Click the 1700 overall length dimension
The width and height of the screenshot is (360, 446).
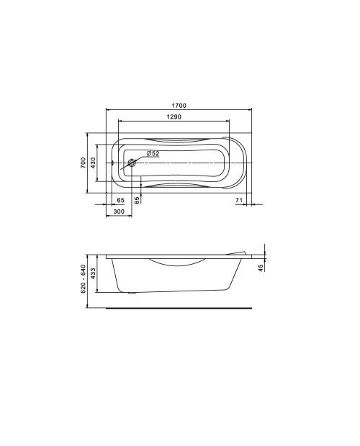[x=179, y=106]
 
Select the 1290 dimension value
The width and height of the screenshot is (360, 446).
[x=174, y=117]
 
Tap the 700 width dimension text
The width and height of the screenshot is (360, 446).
[x=83, y=163]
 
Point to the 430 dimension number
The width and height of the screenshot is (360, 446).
[x=93, y=163]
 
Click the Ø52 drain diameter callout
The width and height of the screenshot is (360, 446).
[x=153, y=154]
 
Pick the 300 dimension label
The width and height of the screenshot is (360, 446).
[x=119, y=211]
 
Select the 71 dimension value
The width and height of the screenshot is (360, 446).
[x=239, y=200]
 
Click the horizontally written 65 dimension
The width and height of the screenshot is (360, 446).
[x=121, y=200]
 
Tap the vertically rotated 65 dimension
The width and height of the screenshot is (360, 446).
[x=138, y=200]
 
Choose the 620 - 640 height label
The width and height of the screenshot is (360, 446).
[x=83, y=279]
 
